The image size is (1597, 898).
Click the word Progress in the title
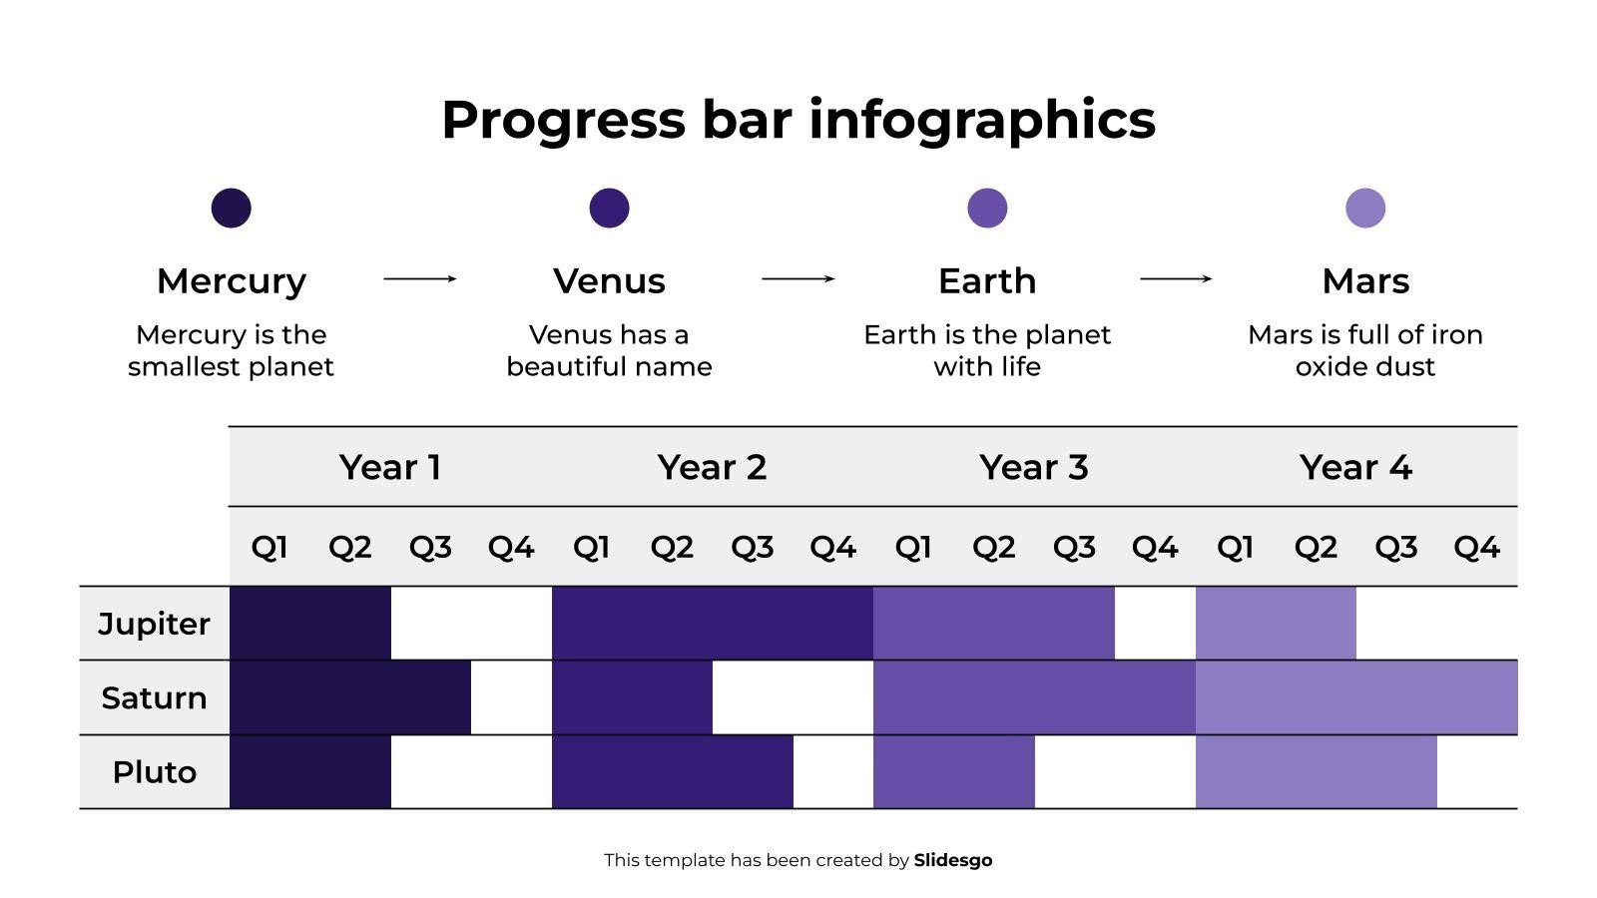click(563, 121)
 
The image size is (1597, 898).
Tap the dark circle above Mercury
click(231, 208)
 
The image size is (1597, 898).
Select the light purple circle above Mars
click(1364, 208)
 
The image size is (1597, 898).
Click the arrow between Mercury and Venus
click(419, 278)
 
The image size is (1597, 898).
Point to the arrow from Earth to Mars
click(1176, 278)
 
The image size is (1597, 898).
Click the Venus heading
click(609, 281)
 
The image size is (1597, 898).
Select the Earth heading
click(986, 281)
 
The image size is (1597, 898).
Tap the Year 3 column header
click(1033, 467)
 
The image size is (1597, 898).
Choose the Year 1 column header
click(389, 467)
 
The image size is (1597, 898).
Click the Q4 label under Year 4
click(1475, 547)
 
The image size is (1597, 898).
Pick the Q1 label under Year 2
click(591, 547)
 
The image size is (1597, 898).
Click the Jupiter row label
click(154, 624)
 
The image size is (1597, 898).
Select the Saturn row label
click(154, 697)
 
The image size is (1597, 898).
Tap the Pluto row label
click(154, 772)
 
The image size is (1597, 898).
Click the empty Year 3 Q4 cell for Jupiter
click(1154, 624)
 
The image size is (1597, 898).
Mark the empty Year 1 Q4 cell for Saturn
click(510, 697)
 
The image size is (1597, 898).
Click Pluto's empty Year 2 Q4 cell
click(832, 772)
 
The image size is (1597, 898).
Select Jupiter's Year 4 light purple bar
click(1275, 624)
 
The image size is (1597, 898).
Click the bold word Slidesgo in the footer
click(952, 860)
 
